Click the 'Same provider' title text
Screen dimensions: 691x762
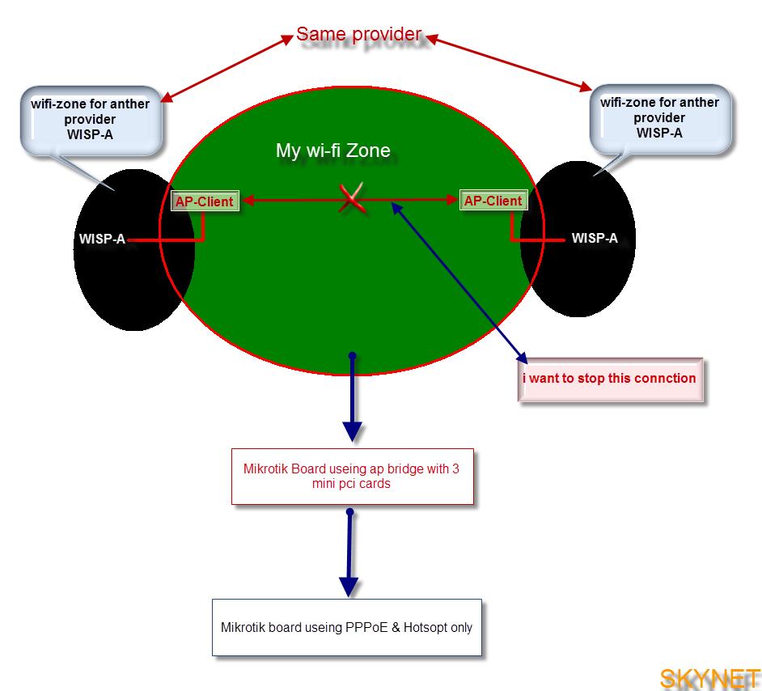(358, 34)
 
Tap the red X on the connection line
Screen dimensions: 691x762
(351, 198)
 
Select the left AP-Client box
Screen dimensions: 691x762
(204, 201)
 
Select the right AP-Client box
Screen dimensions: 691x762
(493, 200)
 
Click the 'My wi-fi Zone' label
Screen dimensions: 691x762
(332, 150)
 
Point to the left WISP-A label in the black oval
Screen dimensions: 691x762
(102, 240)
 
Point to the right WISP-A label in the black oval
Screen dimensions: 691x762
(595, 239)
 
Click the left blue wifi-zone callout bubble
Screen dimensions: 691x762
(91, 119)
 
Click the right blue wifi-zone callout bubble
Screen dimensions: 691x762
(659, 118)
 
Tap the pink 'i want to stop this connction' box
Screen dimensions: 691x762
(609, 379)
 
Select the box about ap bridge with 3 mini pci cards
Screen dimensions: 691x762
(352, 476)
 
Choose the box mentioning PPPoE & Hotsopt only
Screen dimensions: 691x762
(346, 627)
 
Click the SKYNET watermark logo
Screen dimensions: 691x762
(709, 678)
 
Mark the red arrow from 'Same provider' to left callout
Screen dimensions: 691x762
(226, 68)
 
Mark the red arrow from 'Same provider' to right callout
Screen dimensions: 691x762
(510, 61)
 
